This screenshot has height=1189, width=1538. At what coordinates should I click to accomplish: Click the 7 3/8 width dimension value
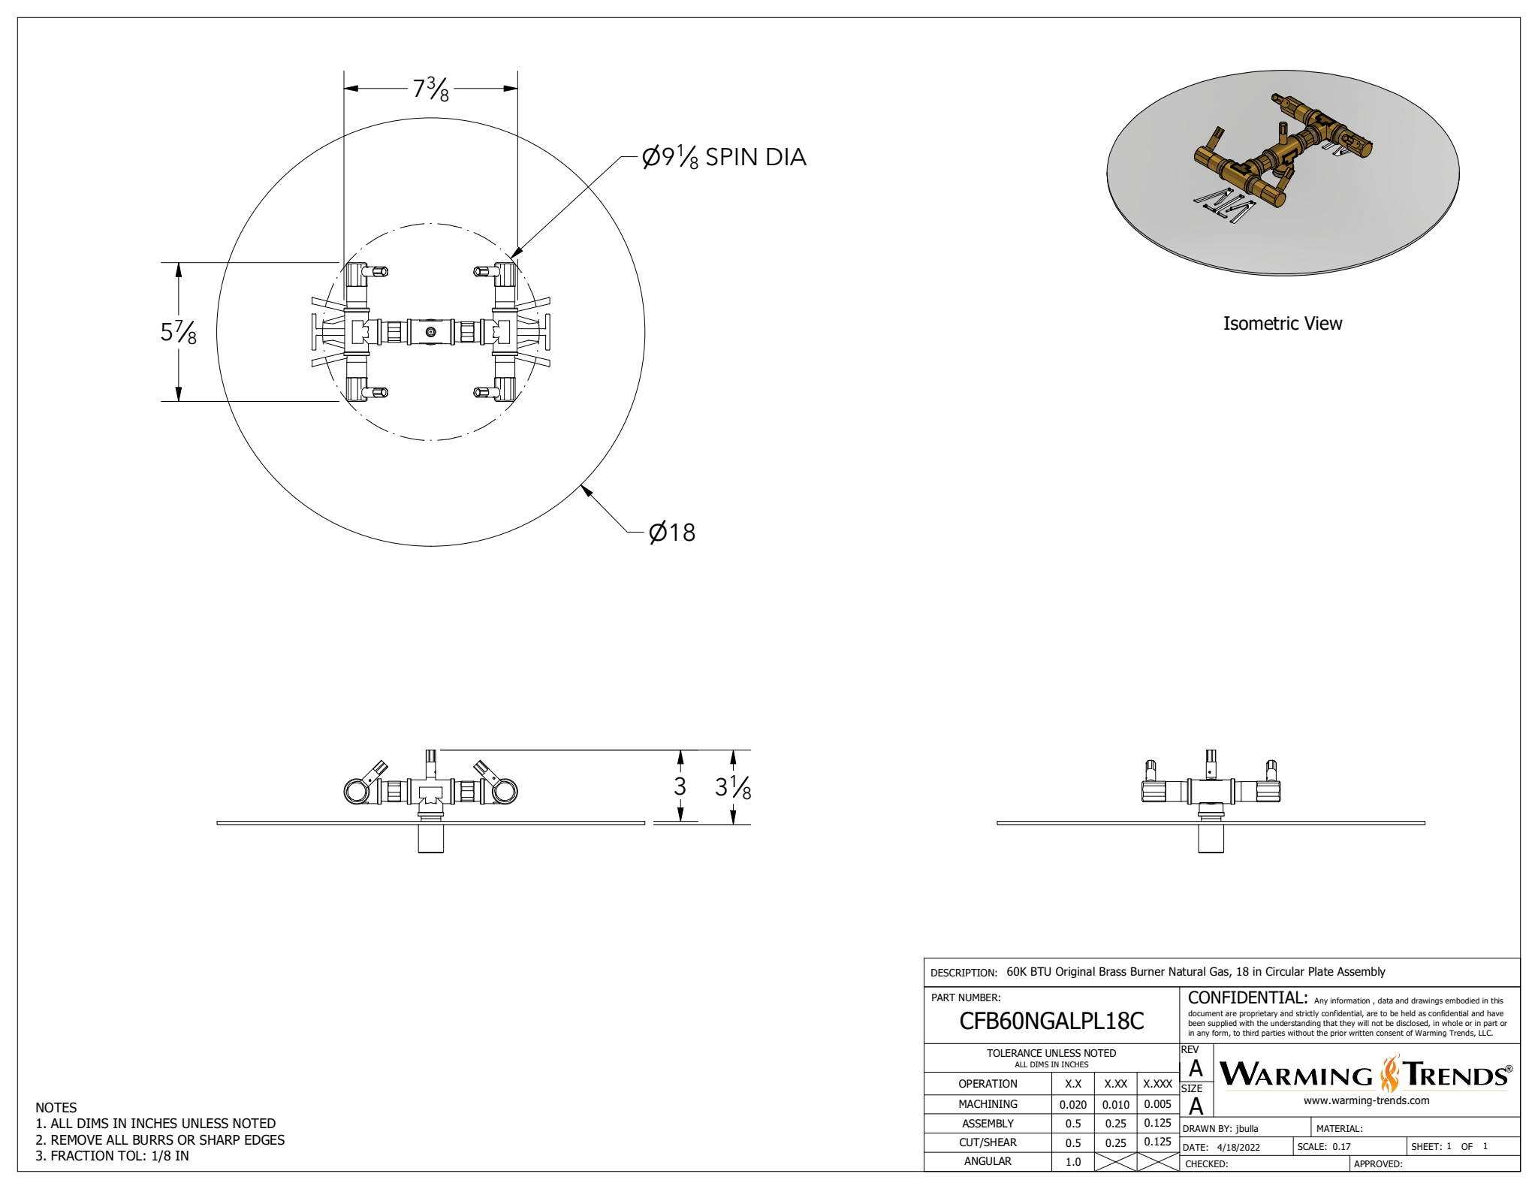[431, 89]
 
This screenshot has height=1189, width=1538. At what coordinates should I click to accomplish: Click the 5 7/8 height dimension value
[179, 332]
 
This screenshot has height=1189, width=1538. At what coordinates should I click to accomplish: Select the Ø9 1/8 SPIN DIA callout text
[724, 157]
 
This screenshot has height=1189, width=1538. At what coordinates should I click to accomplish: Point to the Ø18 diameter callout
[672, 533]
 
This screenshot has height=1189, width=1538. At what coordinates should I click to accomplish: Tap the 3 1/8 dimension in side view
[733, 787]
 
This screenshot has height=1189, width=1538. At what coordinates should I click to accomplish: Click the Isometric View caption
[1282, 324]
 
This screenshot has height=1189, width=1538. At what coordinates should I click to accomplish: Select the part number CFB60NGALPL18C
[1051, 1021]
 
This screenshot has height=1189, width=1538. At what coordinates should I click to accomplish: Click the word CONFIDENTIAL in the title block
[1247, 997]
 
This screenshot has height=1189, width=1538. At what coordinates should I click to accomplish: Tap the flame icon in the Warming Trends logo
[1390, 1074]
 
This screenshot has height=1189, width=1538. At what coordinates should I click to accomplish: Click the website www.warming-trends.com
[1366, 1100]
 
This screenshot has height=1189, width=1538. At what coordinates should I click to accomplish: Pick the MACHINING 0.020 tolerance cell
[1072, 1104]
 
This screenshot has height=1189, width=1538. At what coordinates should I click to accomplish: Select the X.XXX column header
[1157, 1084]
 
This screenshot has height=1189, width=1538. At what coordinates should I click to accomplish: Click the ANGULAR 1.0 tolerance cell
[1072, 1161]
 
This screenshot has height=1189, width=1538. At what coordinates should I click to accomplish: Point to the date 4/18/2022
[1238, 1147]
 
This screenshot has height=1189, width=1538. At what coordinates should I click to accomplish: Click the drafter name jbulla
[1247, 1128]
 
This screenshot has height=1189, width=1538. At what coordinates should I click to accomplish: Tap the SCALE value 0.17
[1341, 1147]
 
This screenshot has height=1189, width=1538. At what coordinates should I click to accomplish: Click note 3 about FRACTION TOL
[113, 1156]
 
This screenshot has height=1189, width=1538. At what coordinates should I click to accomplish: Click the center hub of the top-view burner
[430, 332]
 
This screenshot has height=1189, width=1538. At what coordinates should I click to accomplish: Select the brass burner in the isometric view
[1282, 154]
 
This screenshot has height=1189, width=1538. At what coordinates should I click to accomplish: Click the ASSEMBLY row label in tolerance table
[988, 1124]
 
